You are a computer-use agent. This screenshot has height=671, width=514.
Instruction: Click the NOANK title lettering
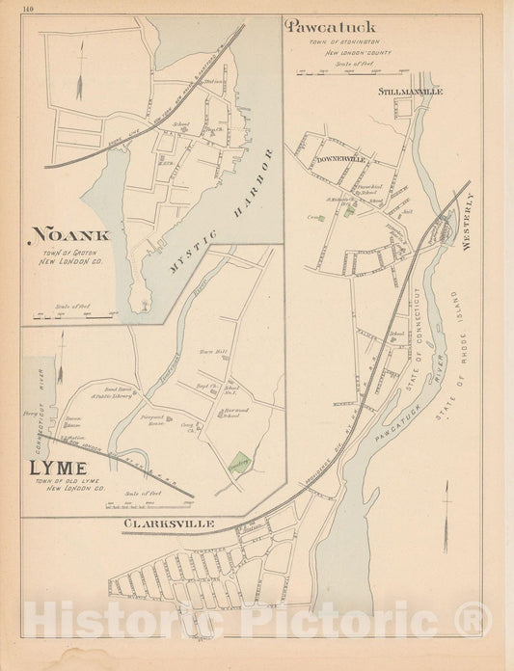[70, 234]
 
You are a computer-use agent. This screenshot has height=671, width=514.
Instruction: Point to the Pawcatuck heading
[331, 27]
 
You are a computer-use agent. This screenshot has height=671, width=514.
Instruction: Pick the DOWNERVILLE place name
[331, 156]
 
